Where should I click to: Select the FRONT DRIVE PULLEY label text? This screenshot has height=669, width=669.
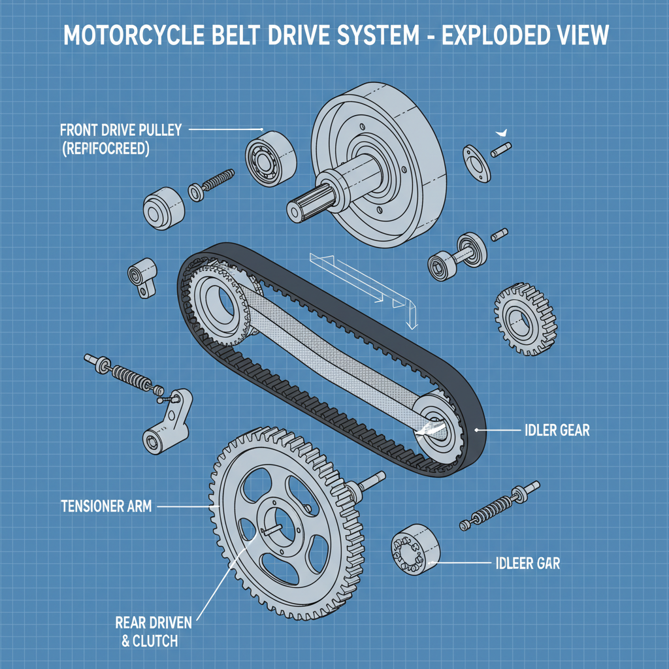[x=121, y=129]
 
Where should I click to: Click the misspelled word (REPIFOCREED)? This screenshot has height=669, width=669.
[x=105, y=149]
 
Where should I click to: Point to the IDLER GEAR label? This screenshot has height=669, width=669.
[x=557, y=430]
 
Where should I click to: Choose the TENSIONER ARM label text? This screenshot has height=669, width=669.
[x=106, y=506]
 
